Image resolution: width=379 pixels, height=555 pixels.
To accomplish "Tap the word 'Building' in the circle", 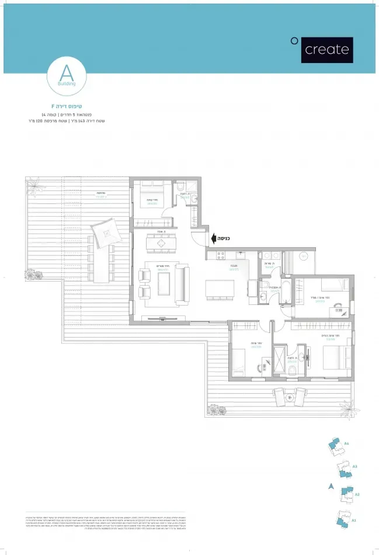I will click(x=67, y=84).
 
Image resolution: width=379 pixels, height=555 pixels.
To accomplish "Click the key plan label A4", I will click(x=346, y=444).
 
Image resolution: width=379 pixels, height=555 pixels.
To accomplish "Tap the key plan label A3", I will click(x=354, y=466).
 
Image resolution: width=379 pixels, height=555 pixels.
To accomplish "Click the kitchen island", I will click(x=220, y=289).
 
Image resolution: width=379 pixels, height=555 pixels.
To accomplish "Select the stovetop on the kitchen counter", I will click(x=221, y=255).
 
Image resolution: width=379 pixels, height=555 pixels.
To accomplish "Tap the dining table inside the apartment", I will click(x=161, y=243).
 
